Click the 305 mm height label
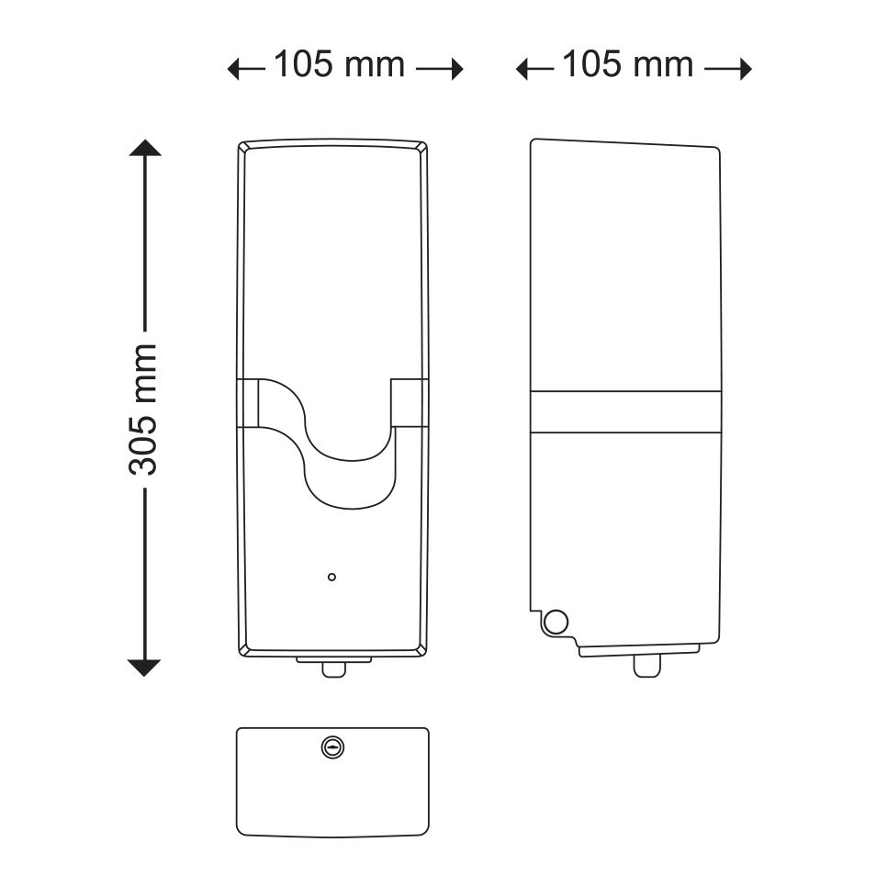coord(143,410)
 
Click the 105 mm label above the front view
coord(339,64)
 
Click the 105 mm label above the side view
coord(627,64)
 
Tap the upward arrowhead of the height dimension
coord(145,148)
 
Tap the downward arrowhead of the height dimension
coord(145,668)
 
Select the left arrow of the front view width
coord(246,69)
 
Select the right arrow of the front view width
coord(440,69)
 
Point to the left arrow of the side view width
coord(535,69)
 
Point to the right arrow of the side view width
coord(728,69)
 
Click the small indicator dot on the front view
coord(331,577)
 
